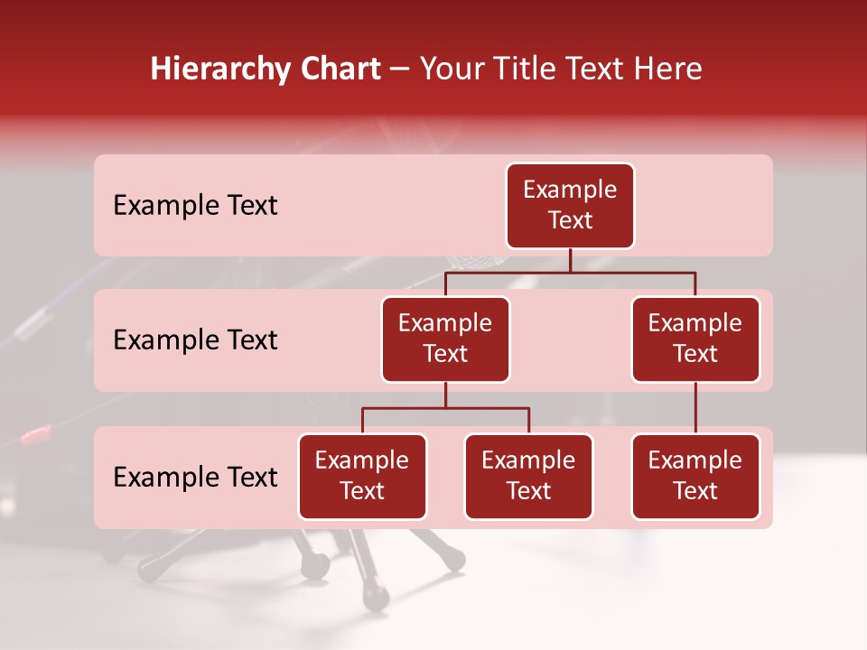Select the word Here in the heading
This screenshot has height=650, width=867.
point(669,70)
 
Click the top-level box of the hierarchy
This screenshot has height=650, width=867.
point(570,205)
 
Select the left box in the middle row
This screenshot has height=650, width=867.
point(445,339)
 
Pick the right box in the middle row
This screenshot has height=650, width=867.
point(695,339)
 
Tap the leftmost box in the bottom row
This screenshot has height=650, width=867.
point(362,476)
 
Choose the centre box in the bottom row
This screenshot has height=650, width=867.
point(528,476)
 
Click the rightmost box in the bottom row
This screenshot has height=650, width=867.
point(695,476)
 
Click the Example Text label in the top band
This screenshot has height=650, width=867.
point(195,206)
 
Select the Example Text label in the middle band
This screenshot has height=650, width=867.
point(195,340)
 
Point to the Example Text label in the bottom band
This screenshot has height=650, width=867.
point(195,477)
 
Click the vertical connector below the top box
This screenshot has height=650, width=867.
point(570,260)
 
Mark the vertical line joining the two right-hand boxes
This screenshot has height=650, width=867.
point(695,408)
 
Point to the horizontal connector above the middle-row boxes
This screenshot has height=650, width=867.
point(570,272)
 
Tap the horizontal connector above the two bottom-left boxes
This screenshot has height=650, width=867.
point(445,408)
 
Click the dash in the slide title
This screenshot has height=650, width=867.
point(400,70)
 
